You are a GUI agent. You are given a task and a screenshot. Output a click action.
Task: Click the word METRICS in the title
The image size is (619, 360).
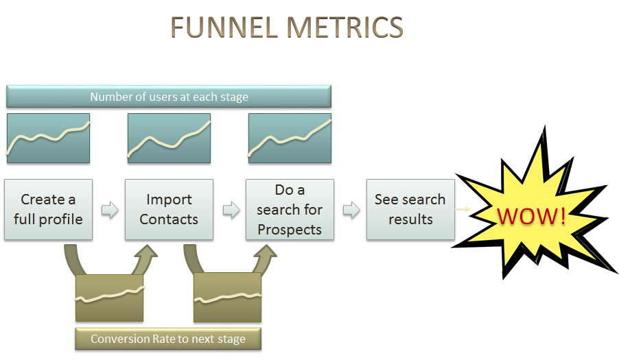click(344, 27)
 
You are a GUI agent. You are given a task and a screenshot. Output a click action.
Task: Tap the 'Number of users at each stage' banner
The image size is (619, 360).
click(169, 97)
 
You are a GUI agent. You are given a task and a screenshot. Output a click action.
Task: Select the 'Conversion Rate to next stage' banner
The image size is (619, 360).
click(168, 339)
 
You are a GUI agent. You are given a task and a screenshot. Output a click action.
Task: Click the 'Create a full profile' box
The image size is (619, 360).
click(49, 209)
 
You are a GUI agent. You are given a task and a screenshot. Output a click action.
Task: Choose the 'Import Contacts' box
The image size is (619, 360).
click(169, 209)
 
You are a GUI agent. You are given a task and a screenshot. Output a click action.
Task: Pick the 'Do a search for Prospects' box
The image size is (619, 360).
click(290, 209)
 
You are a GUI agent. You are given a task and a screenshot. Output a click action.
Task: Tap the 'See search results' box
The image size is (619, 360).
click(410, 209)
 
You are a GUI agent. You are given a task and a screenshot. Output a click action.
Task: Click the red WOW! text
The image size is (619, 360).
click(531, 216)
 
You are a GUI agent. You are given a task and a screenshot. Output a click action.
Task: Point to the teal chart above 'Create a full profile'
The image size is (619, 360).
click(49, 139)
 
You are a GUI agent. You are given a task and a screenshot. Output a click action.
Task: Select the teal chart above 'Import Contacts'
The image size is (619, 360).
click(169, 139)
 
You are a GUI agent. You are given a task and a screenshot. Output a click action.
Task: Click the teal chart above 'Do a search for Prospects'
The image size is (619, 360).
click(290, 139)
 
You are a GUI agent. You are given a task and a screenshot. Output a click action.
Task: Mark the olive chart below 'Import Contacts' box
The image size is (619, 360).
click(109, 298)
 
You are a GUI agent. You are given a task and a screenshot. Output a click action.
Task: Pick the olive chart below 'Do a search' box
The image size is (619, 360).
click(227, 298)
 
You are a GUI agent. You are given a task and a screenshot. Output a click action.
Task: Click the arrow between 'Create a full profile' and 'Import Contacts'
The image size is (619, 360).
click(110, 210)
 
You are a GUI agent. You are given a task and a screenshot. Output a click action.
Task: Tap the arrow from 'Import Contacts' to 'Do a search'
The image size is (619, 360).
click(231, 210)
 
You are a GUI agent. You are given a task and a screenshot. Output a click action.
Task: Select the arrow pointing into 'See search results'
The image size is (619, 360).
click(351, 210)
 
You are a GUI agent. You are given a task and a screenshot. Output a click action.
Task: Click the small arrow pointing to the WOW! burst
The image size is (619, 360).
click(463, 209)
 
